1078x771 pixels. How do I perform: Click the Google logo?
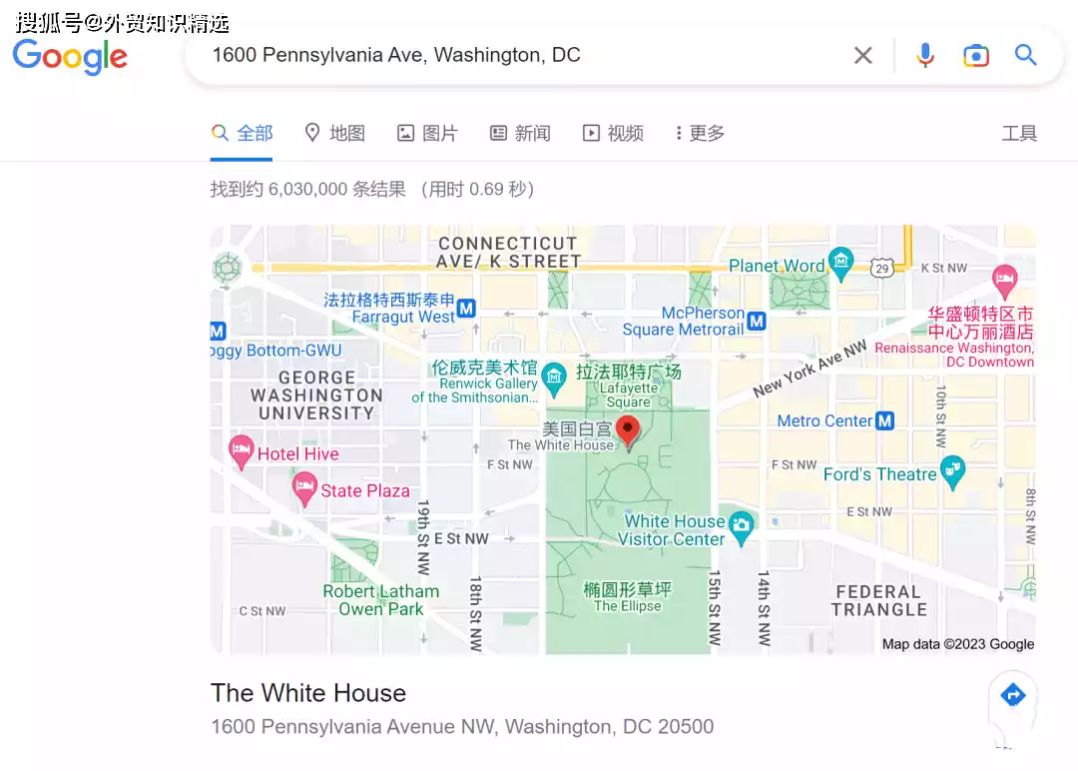pyautogui.click(x=70, y=56)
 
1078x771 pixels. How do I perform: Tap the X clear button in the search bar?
pyautogui.click(x=863, y=56)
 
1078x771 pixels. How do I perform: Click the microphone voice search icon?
pyautogui.click(x=925, y=56)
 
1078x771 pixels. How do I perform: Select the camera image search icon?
pyautogui.click(x=975, y=56)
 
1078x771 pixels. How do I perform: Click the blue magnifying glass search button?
pyautogui.click(x=1026, y=55)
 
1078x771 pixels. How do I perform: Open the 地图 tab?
pyautogui.click(x=334, y=133)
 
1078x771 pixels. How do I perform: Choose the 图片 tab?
pyautogui.click(x=427, y=133)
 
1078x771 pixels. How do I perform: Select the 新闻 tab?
pyautogui.click(x=520, y=133)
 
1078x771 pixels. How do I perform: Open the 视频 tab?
pyautogui.click(x=613, y=133)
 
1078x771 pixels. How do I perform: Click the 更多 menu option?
pyautogui.click(x=700, y=133)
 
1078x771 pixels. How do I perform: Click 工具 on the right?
pyautogui.click(x=1019, y=133)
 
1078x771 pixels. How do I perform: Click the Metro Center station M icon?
pyautogui.click(x=884, y=420)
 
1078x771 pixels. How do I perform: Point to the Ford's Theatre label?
pyautogui.click(x=879, y=474)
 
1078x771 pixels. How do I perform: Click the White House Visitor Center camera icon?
pyautogui.click(x=741, y=523)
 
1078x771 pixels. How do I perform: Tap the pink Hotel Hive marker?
pyautogui.click(x=241, y=451)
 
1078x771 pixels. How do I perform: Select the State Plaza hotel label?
pyautogui.click(x=364, y=490)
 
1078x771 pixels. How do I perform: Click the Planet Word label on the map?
pyautogui.click(x=777, y=266)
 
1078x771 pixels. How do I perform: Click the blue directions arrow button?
pyautogui.click(x=1012, y=695)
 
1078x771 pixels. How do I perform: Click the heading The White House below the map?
pyautogui.click(x=308, y=693)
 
